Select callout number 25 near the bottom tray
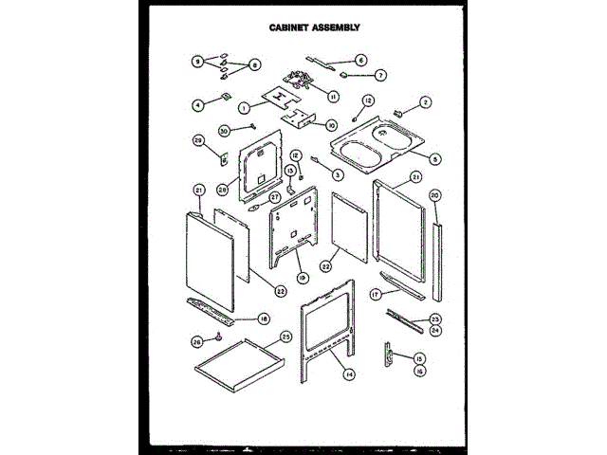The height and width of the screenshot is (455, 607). click(285, 336)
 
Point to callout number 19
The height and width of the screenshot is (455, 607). click(303, 277)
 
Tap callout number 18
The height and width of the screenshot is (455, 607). click(265, 318)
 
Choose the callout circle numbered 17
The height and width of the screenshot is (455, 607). click(376, 295)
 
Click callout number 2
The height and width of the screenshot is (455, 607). click(426, 102)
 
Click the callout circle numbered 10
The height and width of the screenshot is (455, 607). click(331, 124)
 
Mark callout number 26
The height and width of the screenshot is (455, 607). click(196, 341)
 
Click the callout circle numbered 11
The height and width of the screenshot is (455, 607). click(333, 96)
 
